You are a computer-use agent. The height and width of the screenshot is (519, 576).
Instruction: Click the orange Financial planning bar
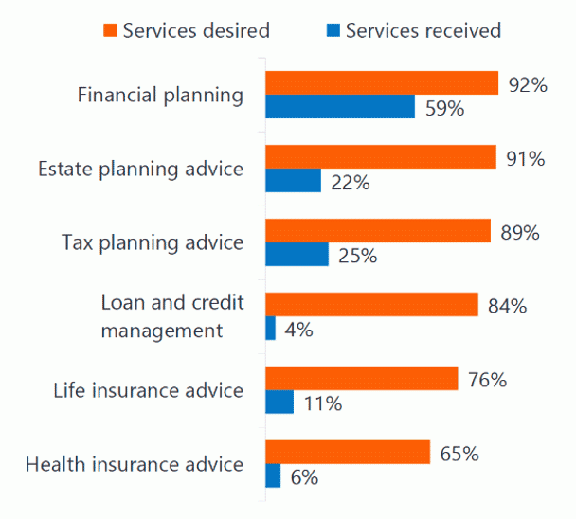[381, 83]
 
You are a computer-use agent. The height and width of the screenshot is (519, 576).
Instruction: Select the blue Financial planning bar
[339, 107]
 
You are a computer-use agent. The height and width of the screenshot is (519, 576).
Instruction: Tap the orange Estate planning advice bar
[380, 157]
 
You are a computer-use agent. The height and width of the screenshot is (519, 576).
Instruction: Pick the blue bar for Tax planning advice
[297, 255]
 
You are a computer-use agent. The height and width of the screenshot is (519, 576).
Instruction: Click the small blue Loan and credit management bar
[270, 329]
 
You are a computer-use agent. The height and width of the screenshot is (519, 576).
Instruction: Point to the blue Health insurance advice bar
[273, 476]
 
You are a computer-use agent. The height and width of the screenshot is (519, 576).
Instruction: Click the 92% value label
[528, 85]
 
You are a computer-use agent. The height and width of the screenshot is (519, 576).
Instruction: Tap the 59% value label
[443, 108]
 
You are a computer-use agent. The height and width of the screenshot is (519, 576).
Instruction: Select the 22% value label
[349, 182]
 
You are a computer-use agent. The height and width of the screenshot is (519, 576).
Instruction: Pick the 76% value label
[487, 380]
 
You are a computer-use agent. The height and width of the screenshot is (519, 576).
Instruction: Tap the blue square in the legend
[333, 30]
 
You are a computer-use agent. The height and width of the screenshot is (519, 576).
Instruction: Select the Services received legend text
[423, 30]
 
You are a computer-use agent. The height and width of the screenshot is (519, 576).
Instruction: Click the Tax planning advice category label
[153, 242]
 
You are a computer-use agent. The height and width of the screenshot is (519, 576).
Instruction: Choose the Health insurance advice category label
[135, 464]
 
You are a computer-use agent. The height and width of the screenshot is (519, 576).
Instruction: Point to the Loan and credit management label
[171, 316]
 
